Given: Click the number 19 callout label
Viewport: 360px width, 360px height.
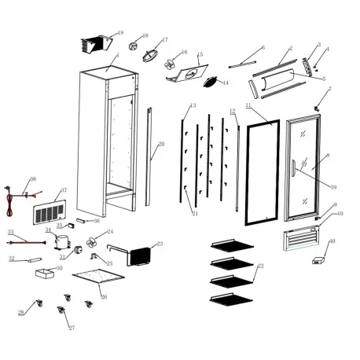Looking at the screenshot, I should tap(120, 33).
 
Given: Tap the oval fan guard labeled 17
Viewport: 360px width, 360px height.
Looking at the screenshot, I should tap(149, 53).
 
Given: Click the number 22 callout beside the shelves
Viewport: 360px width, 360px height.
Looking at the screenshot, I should tap(261, 266).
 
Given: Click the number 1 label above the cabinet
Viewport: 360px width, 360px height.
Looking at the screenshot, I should tap(117, 56).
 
